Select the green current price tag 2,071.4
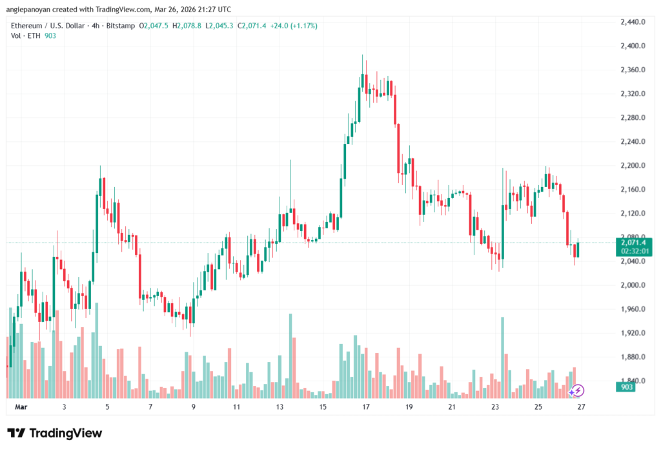point(633,242)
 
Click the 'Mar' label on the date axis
point(21,407)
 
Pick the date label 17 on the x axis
point(366,407)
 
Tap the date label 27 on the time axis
point(581,407)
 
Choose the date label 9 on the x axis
point(193,407)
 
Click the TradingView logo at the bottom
point(54,433)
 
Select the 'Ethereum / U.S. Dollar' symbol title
point(50,26)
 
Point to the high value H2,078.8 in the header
point(188,26)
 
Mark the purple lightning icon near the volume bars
point(578,390)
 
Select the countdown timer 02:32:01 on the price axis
point(633,250)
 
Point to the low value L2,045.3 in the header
point(222,26)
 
